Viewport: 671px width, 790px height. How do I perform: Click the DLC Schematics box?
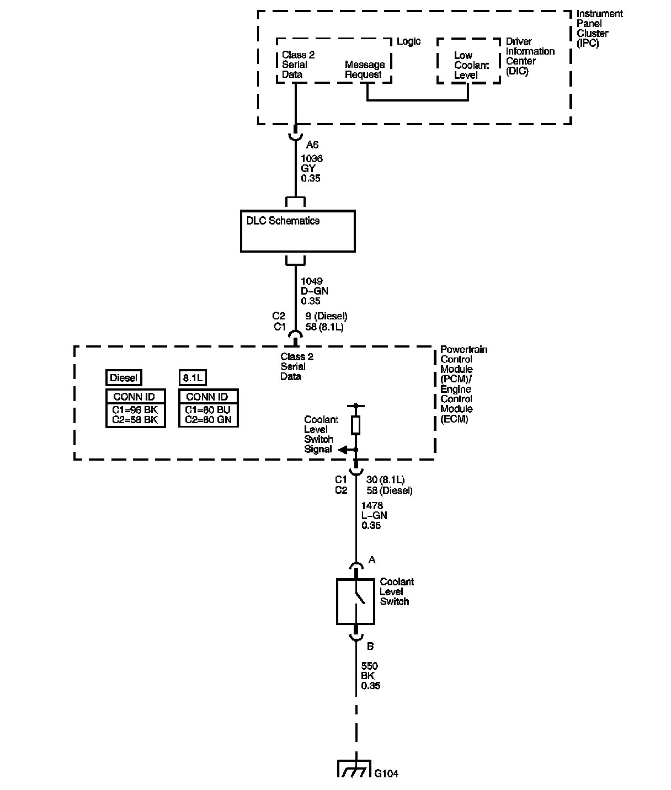tap(297, 231)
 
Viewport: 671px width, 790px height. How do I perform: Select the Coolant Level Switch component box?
tap(356, 601)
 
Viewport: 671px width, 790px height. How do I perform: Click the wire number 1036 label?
tap(312, 159)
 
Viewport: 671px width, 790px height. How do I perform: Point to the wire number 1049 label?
tap(312, 281)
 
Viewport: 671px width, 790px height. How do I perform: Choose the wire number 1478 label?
tap(372, 506)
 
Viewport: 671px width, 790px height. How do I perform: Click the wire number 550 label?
tap(369, 666)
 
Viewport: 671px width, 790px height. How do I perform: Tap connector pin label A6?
tap(312, 145)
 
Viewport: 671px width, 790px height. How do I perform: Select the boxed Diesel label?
tap(124, 378)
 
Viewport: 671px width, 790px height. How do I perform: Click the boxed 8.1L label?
tap(193, 378)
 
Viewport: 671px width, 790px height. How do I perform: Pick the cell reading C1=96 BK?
tap(135, 410)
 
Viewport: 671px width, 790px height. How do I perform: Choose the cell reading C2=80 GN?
tap(208, 420)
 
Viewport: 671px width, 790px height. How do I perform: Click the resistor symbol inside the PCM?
tap(356, 425)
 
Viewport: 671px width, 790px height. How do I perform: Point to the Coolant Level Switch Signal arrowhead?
tap(343, 450)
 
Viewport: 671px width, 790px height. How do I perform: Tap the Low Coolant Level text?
tap(471, 65)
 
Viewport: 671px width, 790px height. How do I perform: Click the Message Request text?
tap(364, 70)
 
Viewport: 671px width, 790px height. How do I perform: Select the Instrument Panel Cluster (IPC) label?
tap(599, 29)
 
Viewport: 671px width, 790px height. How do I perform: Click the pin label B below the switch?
tap(370, 646)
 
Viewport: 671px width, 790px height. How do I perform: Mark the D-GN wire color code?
tap(315, 291)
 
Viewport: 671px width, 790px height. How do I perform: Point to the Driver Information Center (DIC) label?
tap(530, 56)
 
